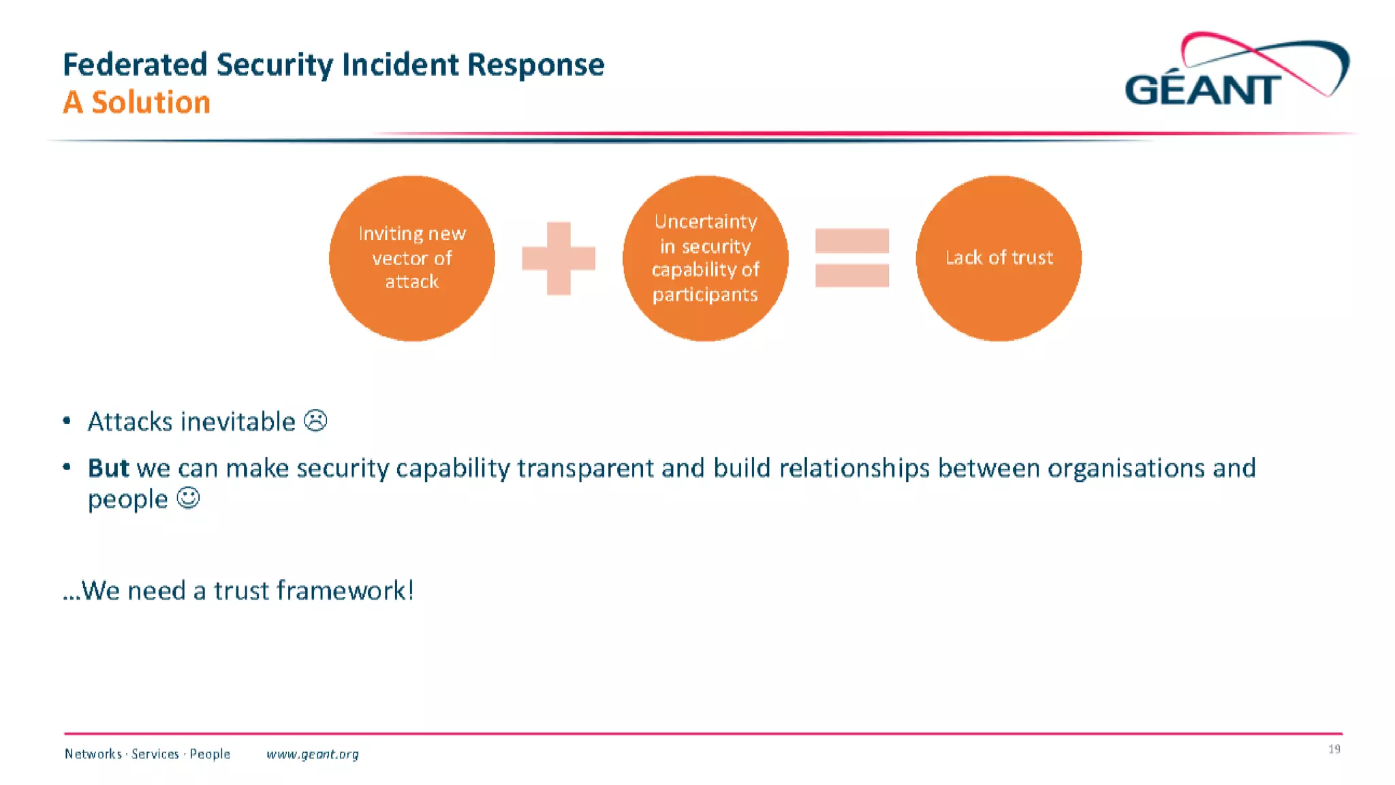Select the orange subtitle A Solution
(x=136, y=102)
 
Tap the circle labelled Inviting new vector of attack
(x=412, y=258)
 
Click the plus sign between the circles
(x=559, y=258)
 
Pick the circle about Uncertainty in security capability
(x=705, y=258)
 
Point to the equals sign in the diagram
(x=851, y=258)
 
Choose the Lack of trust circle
(x=999, y=258)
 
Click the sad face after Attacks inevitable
(x=315, y=420)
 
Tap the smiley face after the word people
(x=188, y=498)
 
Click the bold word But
(x=108, y=468)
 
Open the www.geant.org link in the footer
(x=313, y=754)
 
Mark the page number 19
(x=1334, y=749)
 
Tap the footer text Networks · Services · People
(x=147, y=754)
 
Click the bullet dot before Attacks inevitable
(x=67, y=421)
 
